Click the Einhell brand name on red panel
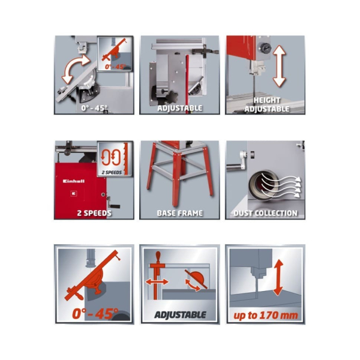(x=74, y=181)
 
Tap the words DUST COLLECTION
(x=265, y=213)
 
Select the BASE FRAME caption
(x=180, y=213)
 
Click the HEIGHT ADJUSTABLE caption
(x=267, y=104)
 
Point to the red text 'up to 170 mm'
(x=266, y=316)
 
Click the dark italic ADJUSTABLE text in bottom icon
(x=180, y=315)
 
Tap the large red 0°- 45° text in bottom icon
(x=95, y=314)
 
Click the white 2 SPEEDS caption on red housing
(x=94, y=213)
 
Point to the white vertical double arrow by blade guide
(x=279, y=66)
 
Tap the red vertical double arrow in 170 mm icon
(x=278, y=278)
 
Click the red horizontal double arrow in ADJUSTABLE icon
(x=157, y=282)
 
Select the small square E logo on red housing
(x=73, y=193)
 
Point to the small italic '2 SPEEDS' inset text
(x=112, y=172)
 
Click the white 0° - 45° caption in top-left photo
(x=94, y=108)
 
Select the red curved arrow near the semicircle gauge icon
(x=193, y=286)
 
